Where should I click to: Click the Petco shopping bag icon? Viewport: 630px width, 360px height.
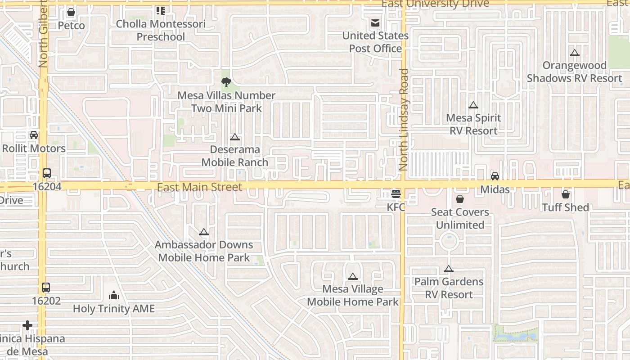coord(71,12)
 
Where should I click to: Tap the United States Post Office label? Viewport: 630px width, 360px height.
coord(375,42)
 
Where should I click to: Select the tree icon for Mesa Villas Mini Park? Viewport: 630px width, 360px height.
coord(226,82)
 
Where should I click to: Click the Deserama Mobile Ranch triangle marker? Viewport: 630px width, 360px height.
coord(234,137)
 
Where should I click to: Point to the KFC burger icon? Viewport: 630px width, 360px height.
coord(396,194)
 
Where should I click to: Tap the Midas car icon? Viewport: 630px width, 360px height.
coord(495,176)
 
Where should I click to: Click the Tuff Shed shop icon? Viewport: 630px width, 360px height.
coord(565,194)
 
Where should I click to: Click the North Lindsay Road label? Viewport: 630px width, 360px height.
coord(404,119)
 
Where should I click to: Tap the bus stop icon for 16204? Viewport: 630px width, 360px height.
coord(46,173)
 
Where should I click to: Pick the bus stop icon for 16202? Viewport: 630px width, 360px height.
coord(45,288)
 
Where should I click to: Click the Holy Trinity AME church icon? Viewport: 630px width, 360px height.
coord(114,295)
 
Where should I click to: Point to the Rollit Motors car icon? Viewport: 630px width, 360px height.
coord(33,135)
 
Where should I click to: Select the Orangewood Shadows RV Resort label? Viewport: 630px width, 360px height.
coord(574,72)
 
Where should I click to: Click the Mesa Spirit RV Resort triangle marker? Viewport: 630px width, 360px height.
coord(473,105)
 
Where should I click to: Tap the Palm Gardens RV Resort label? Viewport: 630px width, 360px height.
coord(449,288)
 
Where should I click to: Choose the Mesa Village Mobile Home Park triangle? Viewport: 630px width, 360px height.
coord(352,276)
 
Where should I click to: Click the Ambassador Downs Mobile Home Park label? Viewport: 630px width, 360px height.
coord(204,251)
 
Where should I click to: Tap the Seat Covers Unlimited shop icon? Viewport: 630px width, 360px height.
coord(460,199)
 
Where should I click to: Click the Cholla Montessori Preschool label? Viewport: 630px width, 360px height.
coord(161,30)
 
